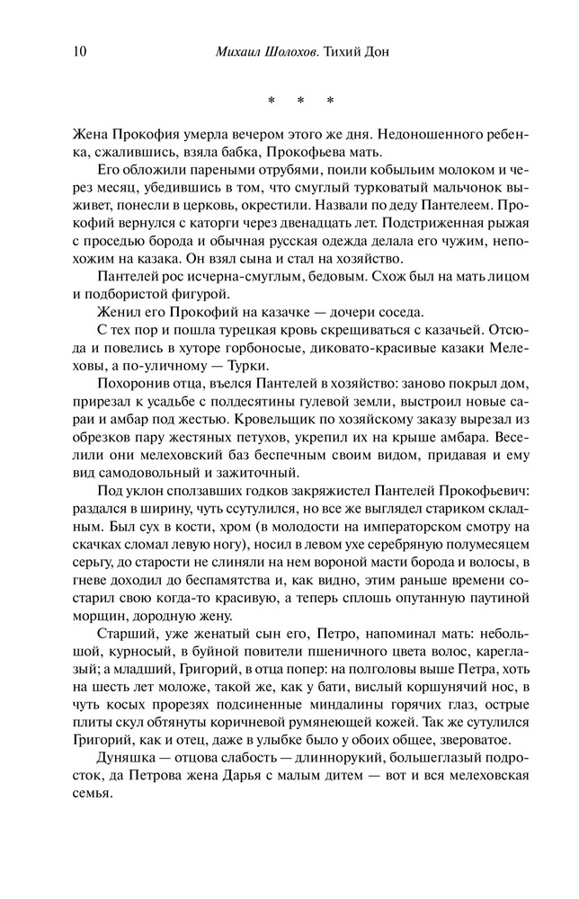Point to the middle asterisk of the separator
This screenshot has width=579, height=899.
[x=305, y=100]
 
